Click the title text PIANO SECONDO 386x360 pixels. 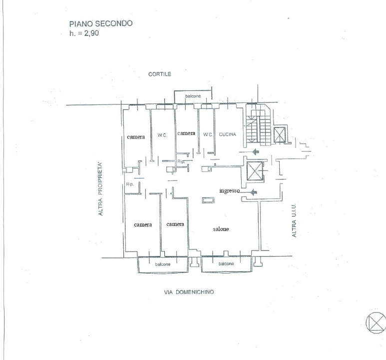coord(100,23)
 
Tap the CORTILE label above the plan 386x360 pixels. coord(160,74)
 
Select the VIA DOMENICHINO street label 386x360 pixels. coord(189,292)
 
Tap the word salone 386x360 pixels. coord(220,229)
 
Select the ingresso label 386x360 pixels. coord(230,190)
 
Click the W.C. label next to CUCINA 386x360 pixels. coord(207,134)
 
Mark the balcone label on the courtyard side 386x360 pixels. coord(193,95)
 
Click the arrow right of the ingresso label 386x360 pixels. coord(253,191)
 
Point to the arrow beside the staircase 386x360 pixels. coord(255,152)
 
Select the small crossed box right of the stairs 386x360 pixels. coord(280,134)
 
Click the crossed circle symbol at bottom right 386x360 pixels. coord(376,321)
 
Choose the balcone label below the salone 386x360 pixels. coord(226,263)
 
